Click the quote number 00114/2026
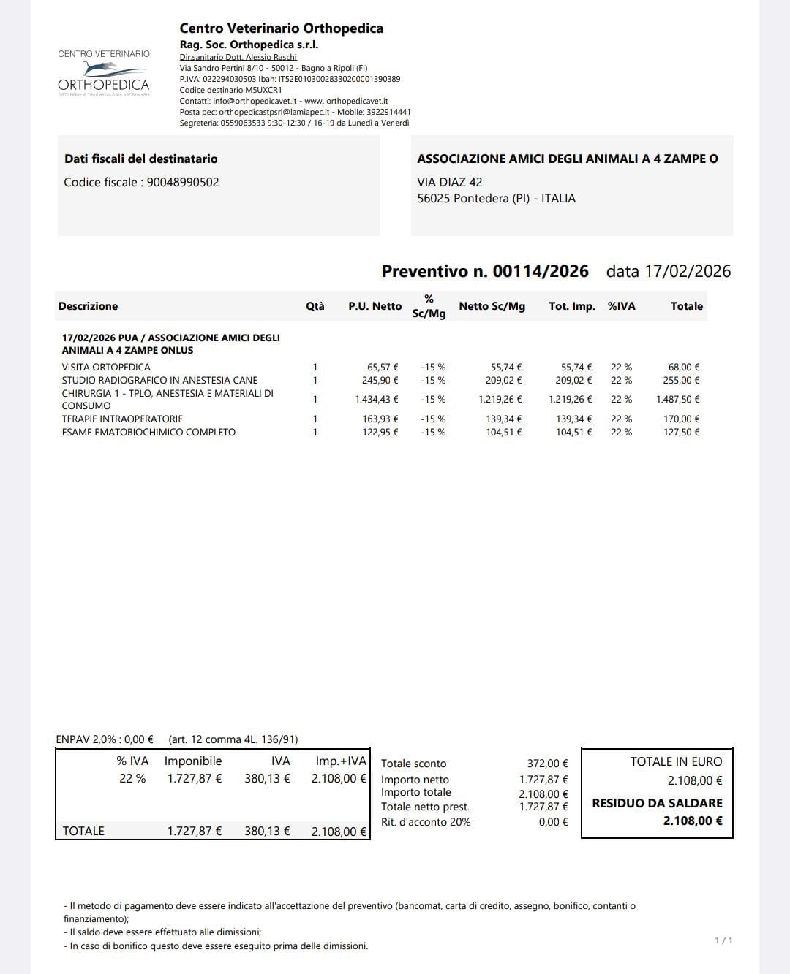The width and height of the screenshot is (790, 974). [540, 272]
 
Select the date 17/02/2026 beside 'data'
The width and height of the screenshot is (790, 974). [687, 272]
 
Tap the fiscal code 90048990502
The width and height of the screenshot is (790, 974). [183, 183]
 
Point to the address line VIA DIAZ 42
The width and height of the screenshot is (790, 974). [449, 183]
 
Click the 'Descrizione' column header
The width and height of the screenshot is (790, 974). [88, 306]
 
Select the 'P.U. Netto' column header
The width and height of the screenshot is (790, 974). [375, 306]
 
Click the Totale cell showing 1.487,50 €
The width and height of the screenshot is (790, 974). [677, 400]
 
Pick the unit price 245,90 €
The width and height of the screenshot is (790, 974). [380, 381]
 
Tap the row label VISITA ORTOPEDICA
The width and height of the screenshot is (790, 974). [106, 368]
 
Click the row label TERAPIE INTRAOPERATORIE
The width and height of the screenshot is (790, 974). [122, 419]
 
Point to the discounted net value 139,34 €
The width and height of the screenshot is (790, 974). [504, 419]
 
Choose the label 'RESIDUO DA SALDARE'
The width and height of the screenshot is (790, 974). [657, 803]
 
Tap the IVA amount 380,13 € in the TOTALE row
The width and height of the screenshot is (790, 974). [267, 832]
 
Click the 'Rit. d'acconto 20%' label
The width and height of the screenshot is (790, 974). [426, 822]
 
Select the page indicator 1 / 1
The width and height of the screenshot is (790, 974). [723, 940]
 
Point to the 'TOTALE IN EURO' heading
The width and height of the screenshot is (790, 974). [676, 761]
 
